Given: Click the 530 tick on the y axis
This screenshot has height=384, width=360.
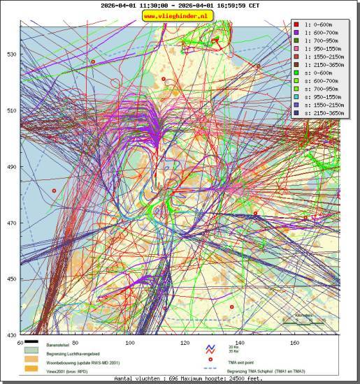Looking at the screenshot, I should tap(12, 54).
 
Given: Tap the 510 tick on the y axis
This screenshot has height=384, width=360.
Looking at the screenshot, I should tap(12, 110).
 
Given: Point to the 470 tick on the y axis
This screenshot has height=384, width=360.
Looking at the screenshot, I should tap(12, 223).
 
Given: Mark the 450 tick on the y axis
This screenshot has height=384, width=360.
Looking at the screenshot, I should tap(12, 279).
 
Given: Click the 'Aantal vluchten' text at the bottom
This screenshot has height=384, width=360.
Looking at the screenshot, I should tap(179, 378).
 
